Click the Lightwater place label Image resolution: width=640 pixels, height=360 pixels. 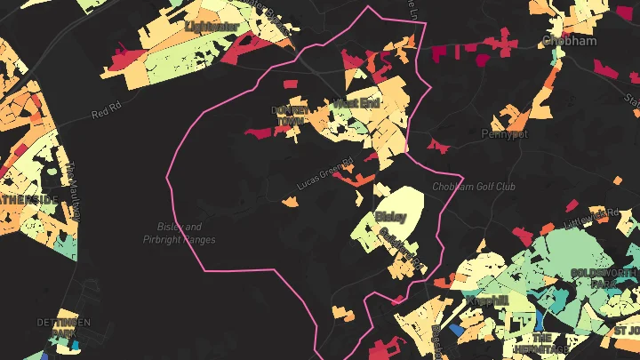[x=212, y=27]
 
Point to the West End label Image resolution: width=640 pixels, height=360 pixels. [x=357, y=104]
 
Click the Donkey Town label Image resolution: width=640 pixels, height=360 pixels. [x=289, y=116]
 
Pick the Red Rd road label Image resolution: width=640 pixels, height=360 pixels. [x=105, y=113]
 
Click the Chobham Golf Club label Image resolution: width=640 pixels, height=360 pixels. [x=474, y=188]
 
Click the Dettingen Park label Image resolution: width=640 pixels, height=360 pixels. [x=58, y=326]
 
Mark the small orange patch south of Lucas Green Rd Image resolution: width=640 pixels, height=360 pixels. [x=290, y=202]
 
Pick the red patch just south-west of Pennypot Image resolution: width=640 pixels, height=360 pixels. [x=435, y=144]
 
